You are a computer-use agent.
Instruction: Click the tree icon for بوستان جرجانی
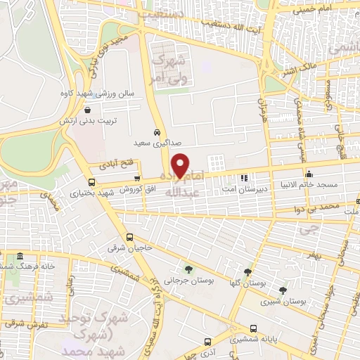pos(188,269)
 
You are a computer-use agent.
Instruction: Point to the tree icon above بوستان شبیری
pos(283,290)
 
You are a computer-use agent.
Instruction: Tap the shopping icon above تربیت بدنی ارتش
pos(86,110)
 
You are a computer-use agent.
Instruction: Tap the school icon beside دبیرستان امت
pos(244,178)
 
